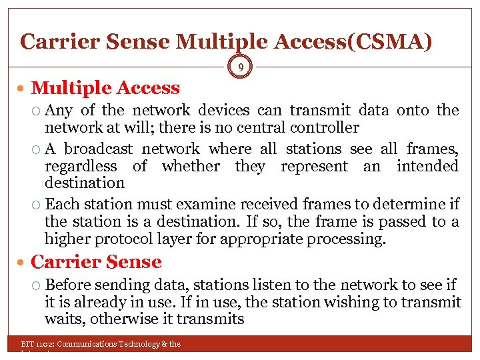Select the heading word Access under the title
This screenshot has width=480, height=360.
(x=147, y=88)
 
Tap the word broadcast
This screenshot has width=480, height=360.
(x=99, y=149)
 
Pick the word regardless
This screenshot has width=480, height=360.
(x=80, y=166)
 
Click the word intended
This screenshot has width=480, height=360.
(x=427, y=166)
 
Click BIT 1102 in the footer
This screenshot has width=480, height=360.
(x=37, y=344)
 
